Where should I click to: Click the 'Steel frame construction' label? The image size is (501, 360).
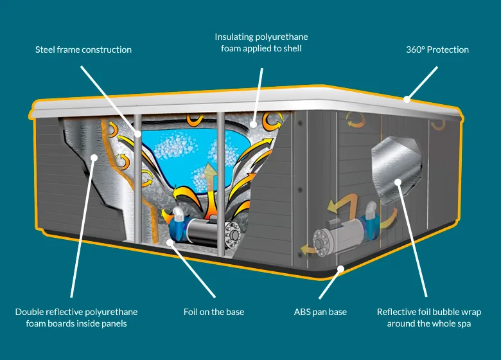tap(83, 50)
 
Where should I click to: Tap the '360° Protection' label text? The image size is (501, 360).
tap(437, 50)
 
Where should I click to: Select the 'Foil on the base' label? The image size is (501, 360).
tap(214, 312)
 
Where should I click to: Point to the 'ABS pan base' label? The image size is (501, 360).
tap(320, 312)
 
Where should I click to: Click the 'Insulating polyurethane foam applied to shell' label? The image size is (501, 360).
tap(261, 42)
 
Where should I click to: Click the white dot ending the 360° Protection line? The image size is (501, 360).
tap(407, 99)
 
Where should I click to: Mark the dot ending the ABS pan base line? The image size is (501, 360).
tap(341, 269)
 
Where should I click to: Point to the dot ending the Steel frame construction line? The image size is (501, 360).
tap(137, 134)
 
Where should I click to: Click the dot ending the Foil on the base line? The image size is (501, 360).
tap(170, 242)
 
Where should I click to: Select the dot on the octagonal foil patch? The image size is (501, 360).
tap(398, 182)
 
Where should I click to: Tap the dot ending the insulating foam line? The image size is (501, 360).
tap(253, 124)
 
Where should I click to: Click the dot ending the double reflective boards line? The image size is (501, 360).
tap(94, 157)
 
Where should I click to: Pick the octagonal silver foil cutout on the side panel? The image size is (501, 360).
tap(396, 170)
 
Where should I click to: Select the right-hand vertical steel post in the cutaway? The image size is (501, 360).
tap(220, 184)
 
